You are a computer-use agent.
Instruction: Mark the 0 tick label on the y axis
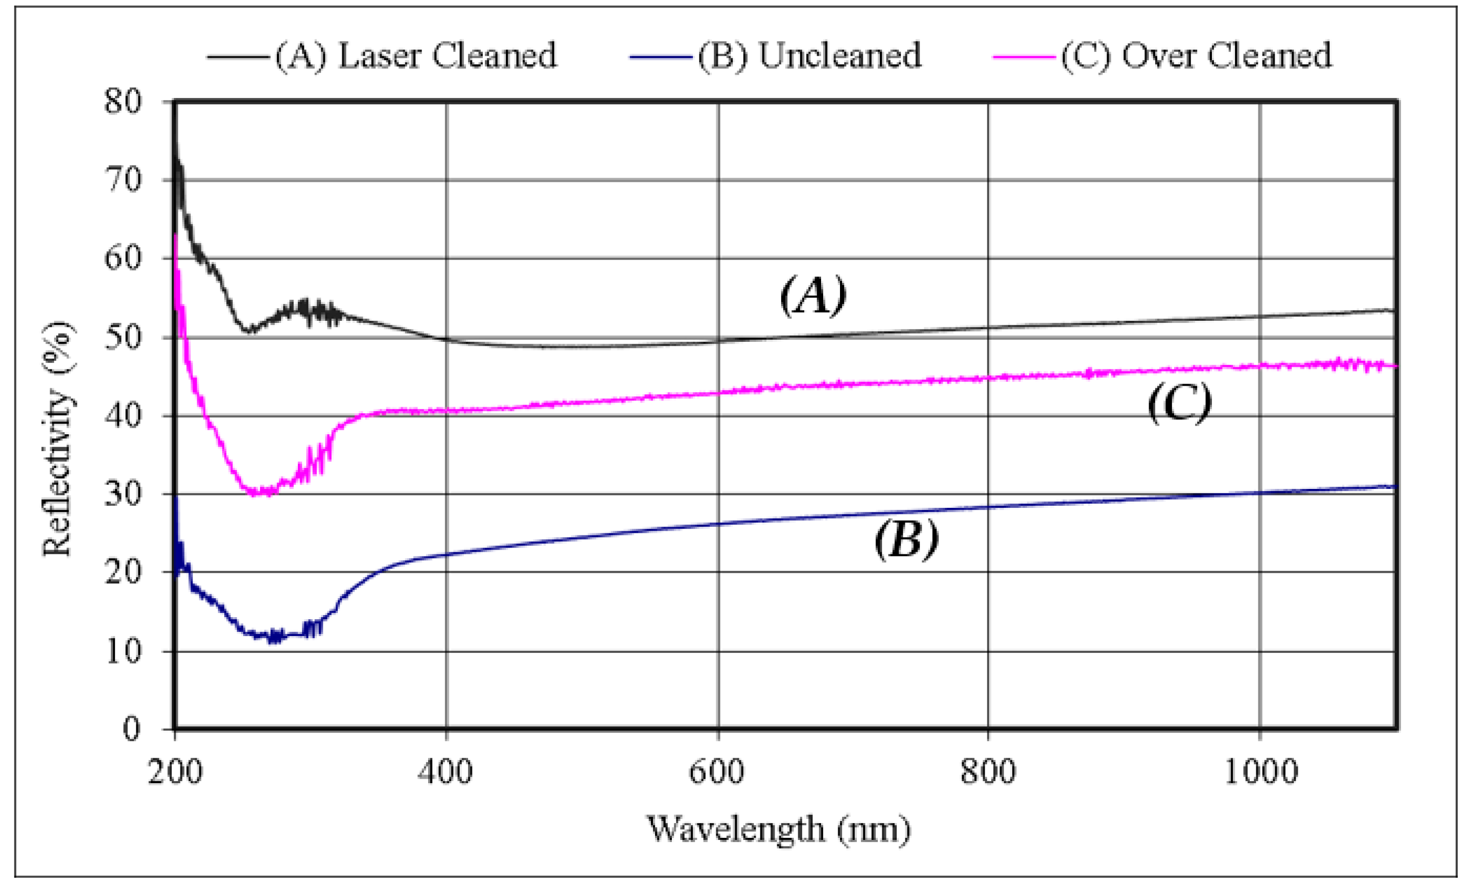click(131, 729)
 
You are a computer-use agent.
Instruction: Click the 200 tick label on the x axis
click(175, 771)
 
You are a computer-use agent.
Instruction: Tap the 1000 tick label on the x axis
click(1260, 771)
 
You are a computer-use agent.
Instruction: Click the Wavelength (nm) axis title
click(779, 829)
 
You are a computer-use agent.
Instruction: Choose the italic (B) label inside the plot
click(906, 539)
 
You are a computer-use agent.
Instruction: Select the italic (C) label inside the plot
click(1180, 403)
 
